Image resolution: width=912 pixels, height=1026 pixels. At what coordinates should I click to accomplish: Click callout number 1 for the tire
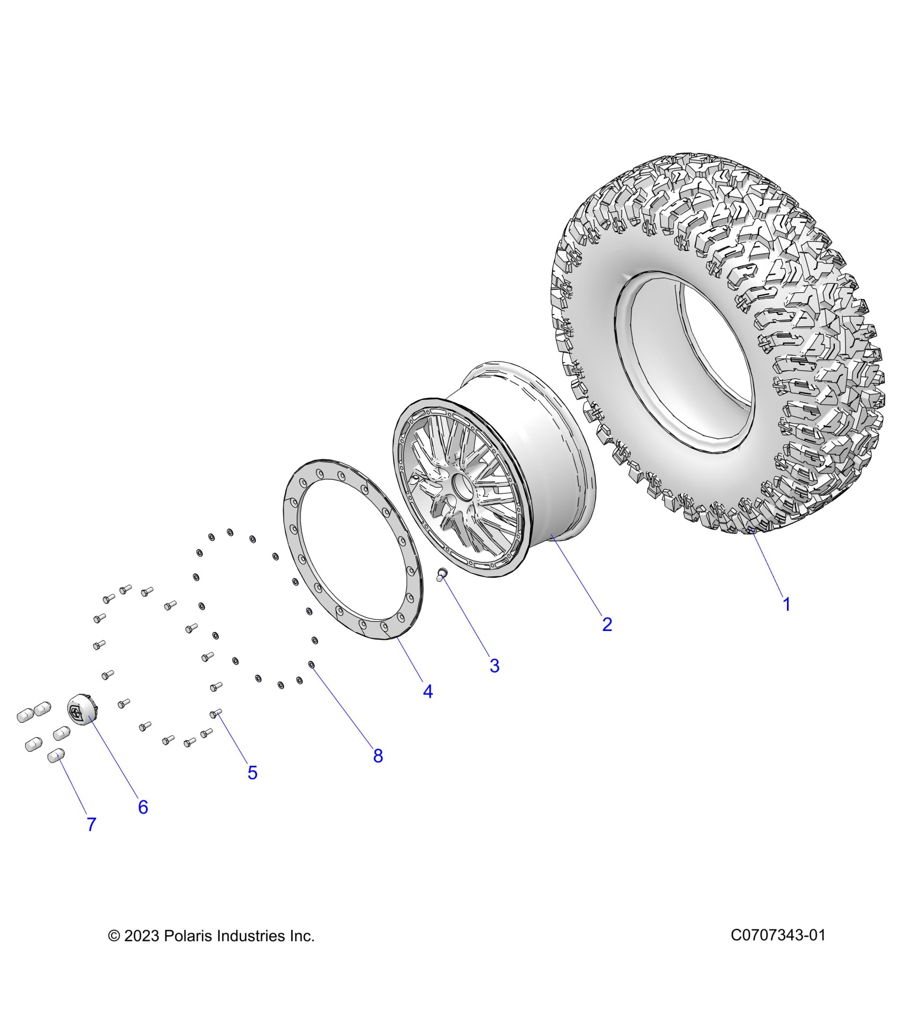[x=786, y=605]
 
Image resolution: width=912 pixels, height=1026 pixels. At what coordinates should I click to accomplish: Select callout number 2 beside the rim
[x=607, y=625]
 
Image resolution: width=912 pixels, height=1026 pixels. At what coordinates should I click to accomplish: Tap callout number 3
[x=494, y=666]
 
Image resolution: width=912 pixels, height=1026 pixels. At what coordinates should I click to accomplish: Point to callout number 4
[x=428, y=692]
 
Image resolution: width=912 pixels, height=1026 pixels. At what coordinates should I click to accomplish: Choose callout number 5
[x=252, y=773]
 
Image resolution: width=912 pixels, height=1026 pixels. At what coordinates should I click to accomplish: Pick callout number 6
[x=143, y=807]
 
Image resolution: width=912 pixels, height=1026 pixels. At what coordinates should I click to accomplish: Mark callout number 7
[x=91, y=825]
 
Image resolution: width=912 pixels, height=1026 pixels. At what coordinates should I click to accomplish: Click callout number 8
[x=378, y=756]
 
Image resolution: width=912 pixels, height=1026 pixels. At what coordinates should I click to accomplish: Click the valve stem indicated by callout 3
[x=442, y=575]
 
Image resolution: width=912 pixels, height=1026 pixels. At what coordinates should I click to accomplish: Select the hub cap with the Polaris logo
[x=80, y=710]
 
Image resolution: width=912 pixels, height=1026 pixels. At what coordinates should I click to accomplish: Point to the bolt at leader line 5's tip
[x=216, y=713]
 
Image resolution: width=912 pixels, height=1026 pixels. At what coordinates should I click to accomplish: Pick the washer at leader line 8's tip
[x=312, y=664]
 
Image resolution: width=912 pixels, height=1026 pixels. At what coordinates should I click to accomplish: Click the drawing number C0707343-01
[x=777, y=935]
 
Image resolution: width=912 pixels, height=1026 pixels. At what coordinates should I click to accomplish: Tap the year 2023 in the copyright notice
[x=142, y=936]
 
